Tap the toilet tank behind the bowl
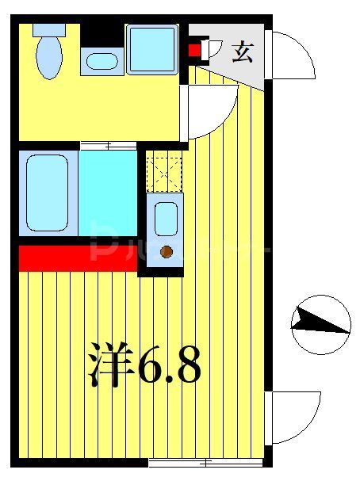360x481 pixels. coord(49,31)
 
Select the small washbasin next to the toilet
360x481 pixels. coord(101,61)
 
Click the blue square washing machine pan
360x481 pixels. coord(151,48)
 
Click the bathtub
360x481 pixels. coord(48,193)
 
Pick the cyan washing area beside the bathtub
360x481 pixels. coord(108,193)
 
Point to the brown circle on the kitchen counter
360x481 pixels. coord(167,252)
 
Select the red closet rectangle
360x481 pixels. coord(78,258)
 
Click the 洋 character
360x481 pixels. coord(112,365)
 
